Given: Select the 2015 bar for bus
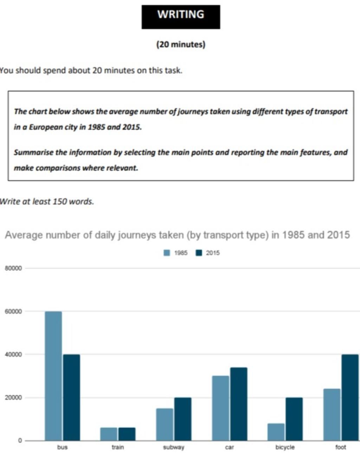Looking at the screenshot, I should tap(71, 397).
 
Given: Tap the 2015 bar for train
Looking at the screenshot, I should tap(127, 434).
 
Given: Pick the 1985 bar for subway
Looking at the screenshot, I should tap(165, 424).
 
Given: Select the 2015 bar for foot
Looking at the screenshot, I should tap(350, 397).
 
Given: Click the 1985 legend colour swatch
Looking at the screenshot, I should tap(167, 253).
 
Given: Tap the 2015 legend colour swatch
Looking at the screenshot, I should tap(199, 253).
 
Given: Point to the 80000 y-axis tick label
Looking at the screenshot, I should tap(13, 268).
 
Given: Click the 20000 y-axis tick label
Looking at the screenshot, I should tap(13, 398).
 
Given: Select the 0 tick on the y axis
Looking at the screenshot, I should tap(20, 441).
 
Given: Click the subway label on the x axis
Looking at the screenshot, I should tap(174, 448).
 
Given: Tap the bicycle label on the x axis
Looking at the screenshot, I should tap(285, 448).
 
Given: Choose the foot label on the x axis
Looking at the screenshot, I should tap(340, 448).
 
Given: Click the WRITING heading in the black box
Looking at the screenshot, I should tap(181, 15).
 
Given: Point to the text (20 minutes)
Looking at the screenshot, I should tap(181, 45).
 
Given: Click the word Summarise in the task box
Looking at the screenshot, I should tap(33, 153).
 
